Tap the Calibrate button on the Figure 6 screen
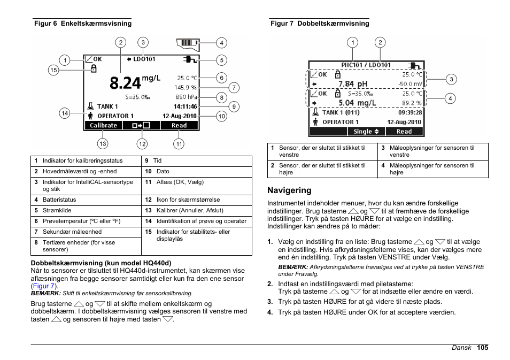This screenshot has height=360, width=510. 103,126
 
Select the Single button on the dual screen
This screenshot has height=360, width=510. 366,132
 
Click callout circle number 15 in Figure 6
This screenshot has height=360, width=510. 53,70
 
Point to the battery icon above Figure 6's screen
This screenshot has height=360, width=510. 187,43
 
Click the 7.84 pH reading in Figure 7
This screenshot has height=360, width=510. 353,84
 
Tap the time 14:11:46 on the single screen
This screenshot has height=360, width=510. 185,106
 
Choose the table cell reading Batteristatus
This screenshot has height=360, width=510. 59,200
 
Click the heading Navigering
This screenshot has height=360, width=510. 289,190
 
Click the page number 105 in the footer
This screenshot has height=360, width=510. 483,348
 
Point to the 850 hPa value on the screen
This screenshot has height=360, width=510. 186,97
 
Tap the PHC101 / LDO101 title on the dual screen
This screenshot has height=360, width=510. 366,65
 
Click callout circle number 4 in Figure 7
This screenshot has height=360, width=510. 451,98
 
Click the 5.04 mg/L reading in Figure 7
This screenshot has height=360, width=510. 357,103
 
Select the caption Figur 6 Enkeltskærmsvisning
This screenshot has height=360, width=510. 83,24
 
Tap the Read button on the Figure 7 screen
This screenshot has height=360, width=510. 404,132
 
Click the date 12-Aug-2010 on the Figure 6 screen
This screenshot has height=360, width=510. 180,116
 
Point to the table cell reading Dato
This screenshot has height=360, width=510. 163,172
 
